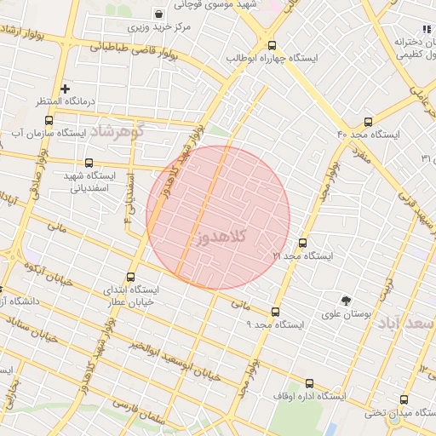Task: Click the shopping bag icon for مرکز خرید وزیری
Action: pos(159,14)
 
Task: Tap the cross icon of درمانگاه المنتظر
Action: pos(66,89)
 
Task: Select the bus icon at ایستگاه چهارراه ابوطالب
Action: pos(272,45)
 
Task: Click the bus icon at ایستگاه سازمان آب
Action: pos(49,120)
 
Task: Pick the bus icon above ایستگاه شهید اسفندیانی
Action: pos(89,163)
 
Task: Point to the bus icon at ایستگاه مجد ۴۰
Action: pos(368,121)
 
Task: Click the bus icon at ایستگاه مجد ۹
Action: pos(274,312)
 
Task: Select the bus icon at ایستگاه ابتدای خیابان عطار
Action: pos(130,277)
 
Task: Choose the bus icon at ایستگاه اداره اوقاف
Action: pos(308,383)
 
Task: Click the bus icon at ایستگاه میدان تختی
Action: pos(404,400)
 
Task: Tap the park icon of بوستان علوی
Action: pos(346,300)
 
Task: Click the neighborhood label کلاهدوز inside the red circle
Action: pos(221,237)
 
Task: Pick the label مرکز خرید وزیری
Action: pos(163,27)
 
